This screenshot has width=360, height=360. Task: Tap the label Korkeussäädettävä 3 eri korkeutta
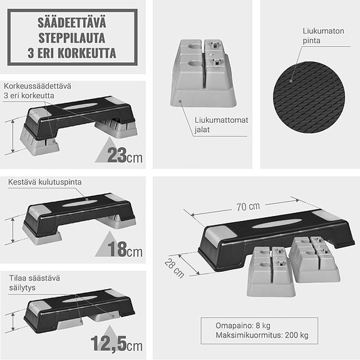point(36,91)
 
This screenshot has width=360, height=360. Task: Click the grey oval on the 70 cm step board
point(270,224)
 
